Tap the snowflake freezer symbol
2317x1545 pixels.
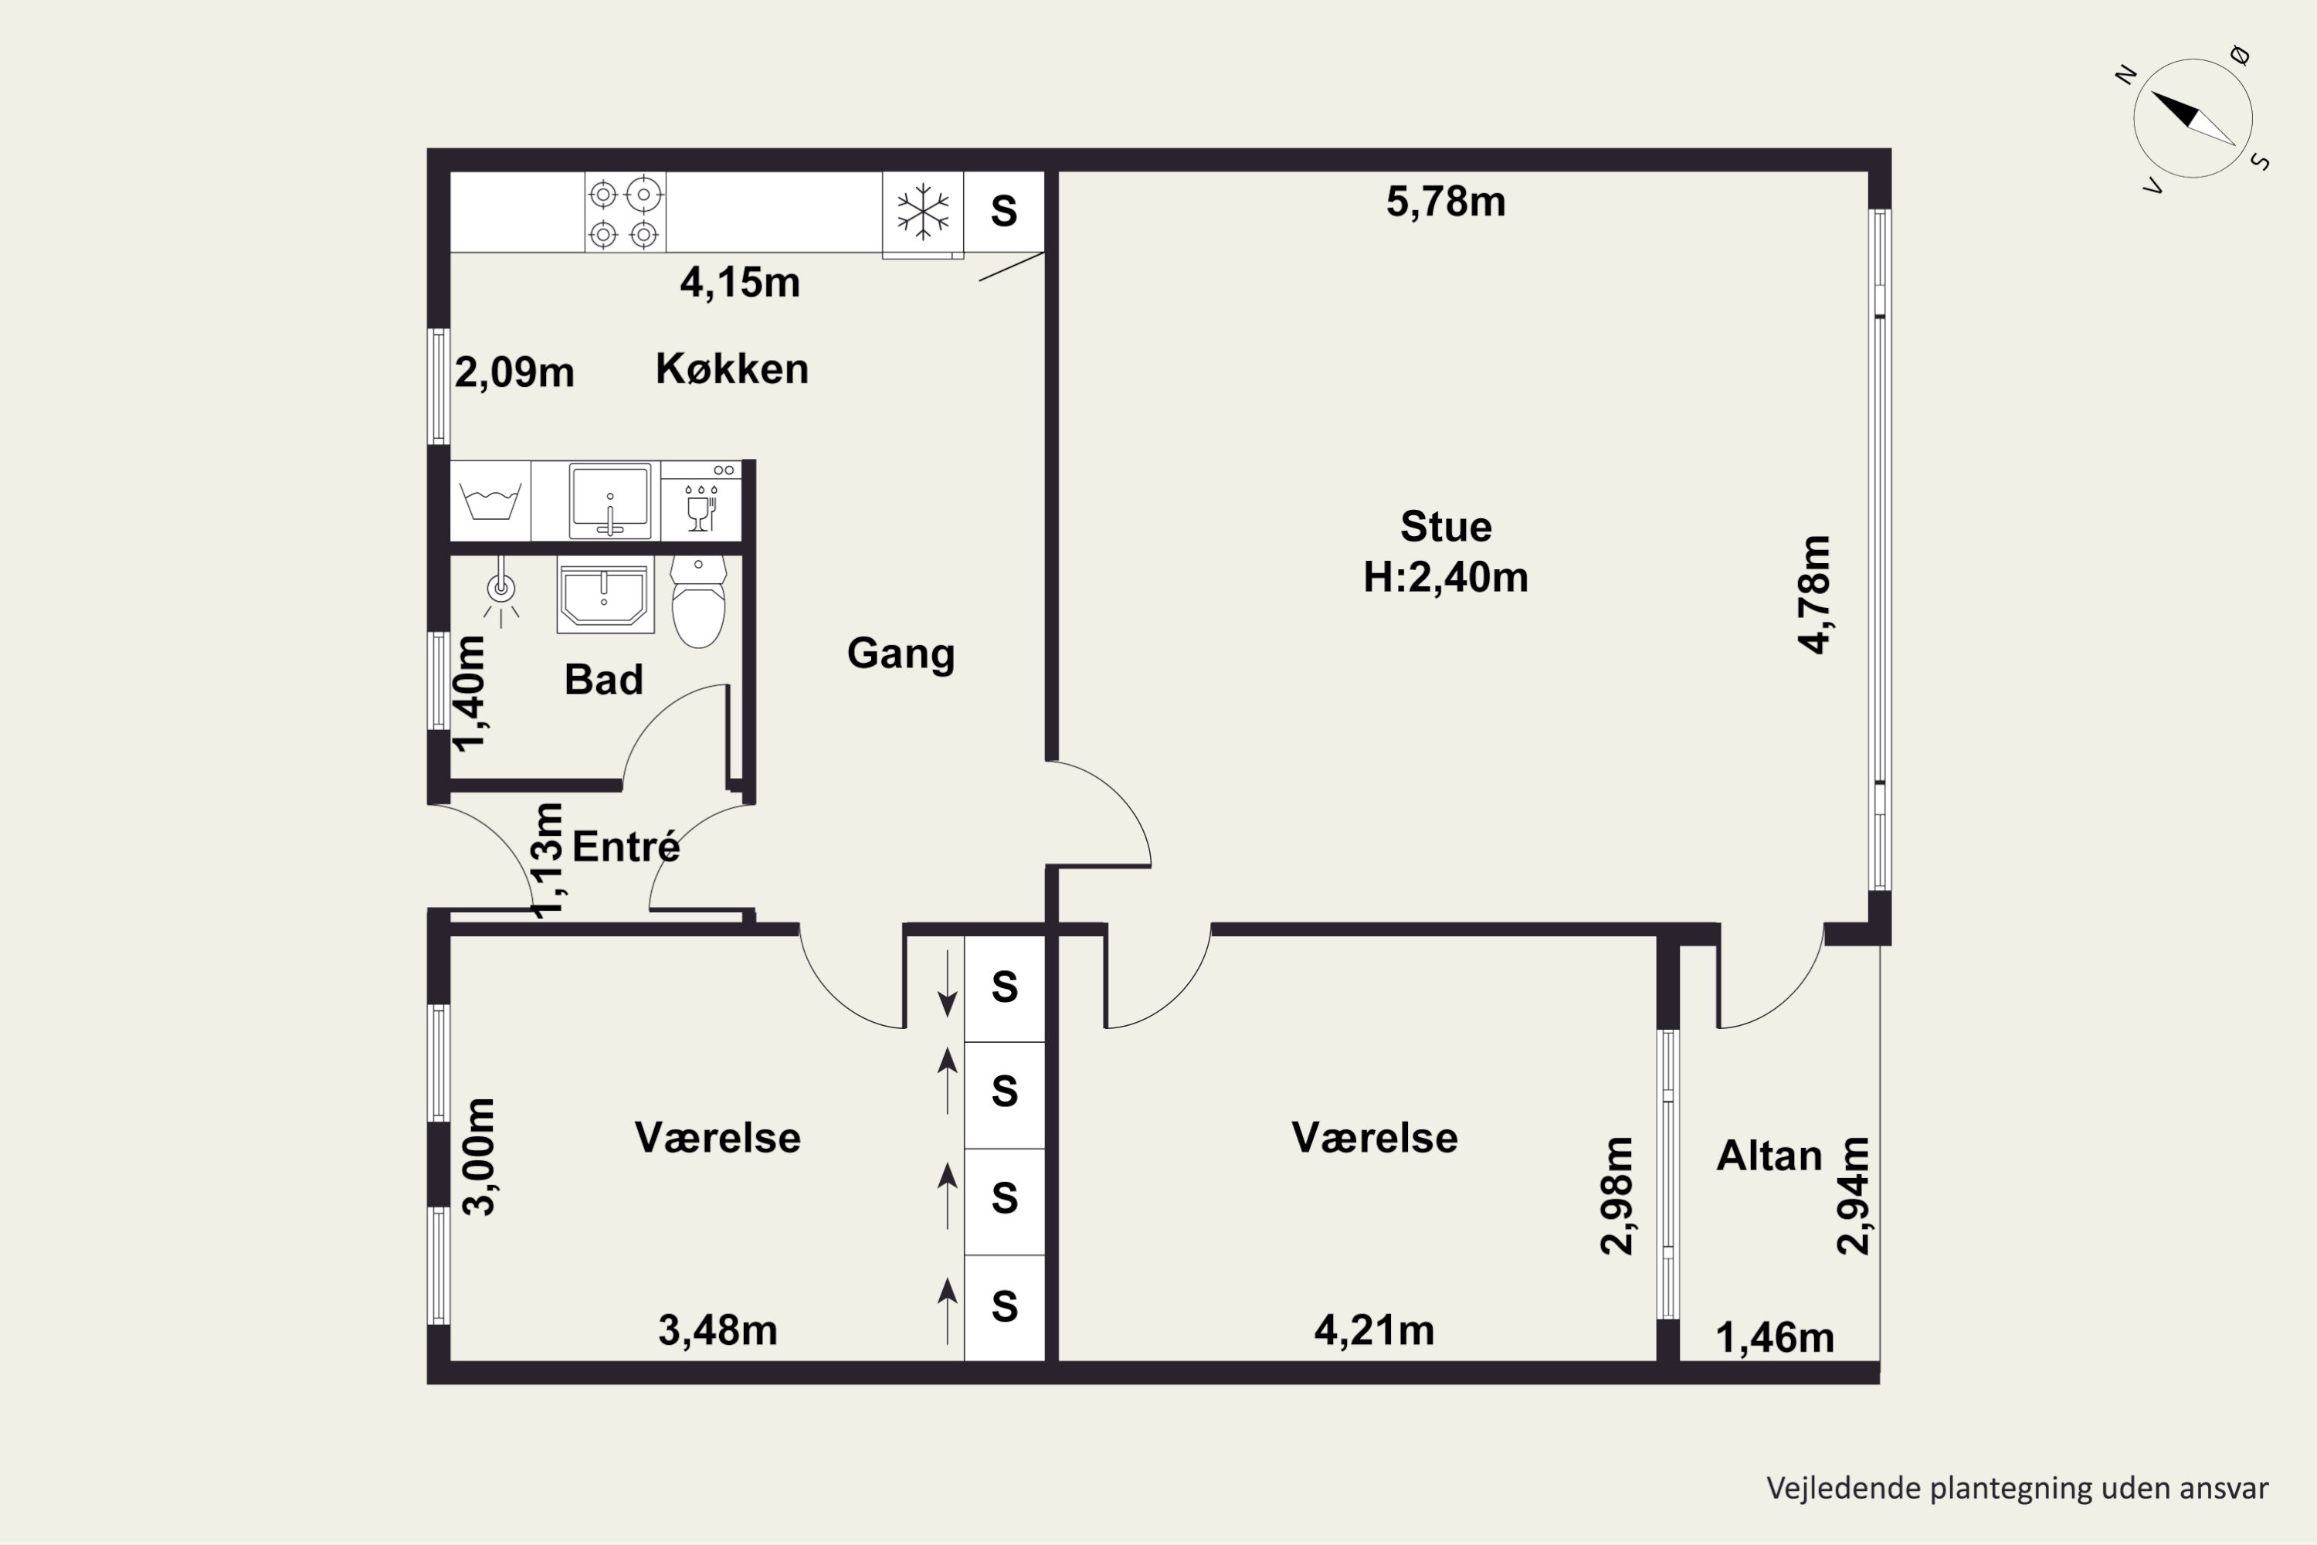tap(922, 212)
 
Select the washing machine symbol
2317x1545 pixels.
tap(490, 501)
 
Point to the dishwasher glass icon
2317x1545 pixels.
tap(701, 508)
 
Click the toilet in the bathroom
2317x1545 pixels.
tap(698, 601)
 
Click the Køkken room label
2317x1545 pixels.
tap(732, 369)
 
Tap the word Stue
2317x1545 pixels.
tap(1446, 527)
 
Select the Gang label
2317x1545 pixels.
tap(901, 654)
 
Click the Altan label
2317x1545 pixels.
tap(1769, 1156)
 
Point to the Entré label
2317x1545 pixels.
tap(626, 847)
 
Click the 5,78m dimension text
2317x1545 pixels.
tap(1446, 202)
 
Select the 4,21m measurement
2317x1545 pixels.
tap(1374, 1331)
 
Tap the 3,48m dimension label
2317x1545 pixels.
tap(717, 1331)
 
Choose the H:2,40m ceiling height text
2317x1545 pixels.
tap(1445, 577)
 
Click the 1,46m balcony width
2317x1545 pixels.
tap(1775, 1338)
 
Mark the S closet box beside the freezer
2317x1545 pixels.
tap(1004, 212)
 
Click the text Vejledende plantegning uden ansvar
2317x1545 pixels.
tap(2017, 1488)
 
